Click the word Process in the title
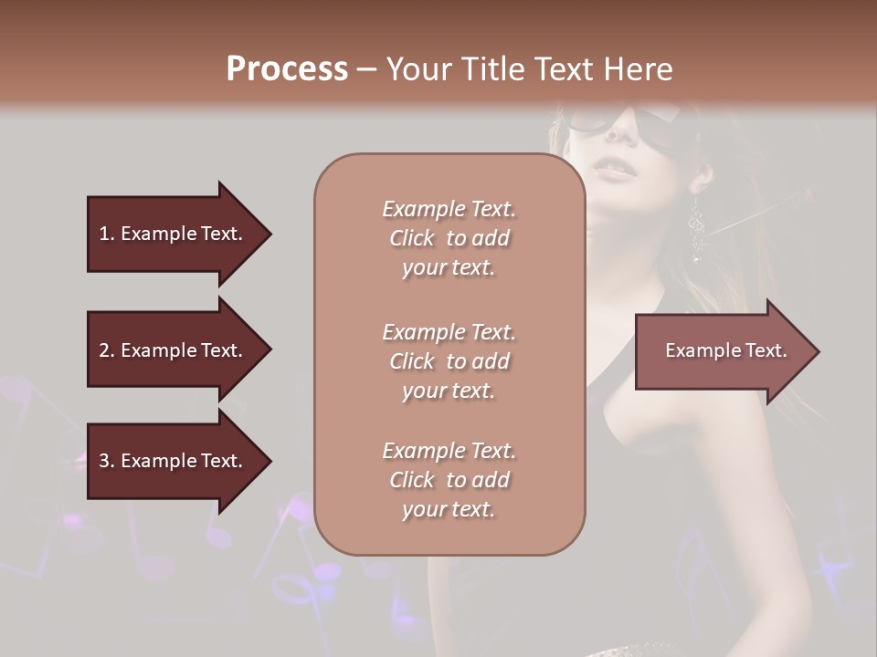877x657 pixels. [287, 69]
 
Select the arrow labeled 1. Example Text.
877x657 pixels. [174, 234]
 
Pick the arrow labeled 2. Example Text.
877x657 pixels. [174, 350]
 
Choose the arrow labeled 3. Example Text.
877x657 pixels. [174, 461]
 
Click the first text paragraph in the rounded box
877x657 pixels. [449, 238]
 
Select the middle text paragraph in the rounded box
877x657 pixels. [449, 361]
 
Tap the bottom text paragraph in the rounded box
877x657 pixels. [449, 480]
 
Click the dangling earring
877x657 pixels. [697, 228]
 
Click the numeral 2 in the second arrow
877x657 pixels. [104, 350]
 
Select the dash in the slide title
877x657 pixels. [366, 70]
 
